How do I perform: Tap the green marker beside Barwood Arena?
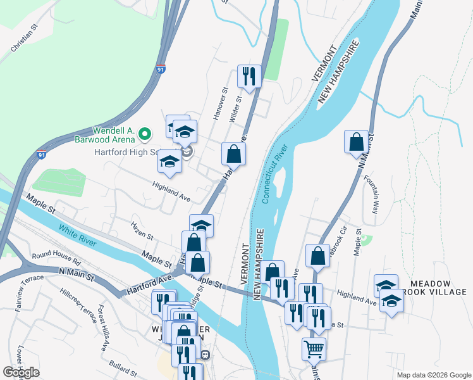(x=144, y=134)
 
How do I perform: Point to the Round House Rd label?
(x=57, y=258)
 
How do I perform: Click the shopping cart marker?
(x=314, y=348)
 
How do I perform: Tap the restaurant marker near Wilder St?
(x=249, y=77)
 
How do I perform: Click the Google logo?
(x=21, y=372)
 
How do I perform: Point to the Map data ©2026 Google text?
(x=433, y=375)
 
